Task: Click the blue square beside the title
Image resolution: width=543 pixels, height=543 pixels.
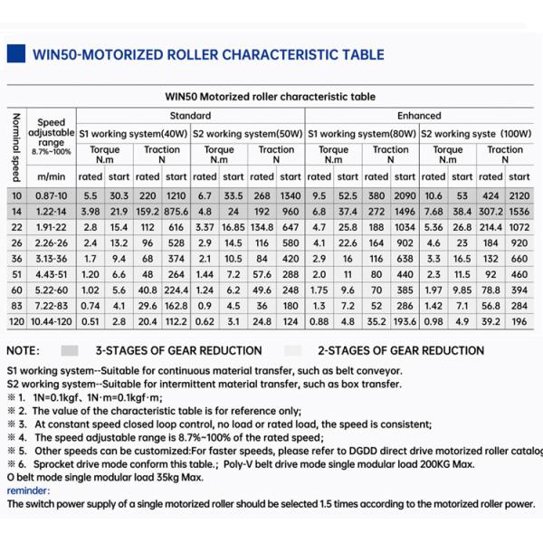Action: click(15, 54)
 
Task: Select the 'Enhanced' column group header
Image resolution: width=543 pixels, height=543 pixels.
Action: click(419, 116)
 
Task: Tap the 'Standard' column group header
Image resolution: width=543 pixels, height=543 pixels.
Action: click(190, 116)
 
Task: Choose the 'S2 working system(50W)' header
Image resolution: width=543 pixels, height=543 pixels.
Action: click(247, 134)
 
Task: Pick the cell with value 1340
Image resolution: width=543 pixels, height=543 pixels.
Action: click(291, 195)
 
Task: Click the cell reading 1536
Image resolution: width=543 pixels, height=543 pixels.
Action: click(519, 211)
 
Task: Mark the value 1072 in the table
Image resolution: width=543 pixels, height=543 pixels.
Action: click(519, 226)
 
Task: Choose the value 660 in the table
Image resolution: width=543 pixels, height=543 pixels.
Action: click(519, 258)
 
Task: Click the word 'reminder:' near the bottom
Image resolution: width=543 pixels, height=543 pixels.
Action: click(27, 491)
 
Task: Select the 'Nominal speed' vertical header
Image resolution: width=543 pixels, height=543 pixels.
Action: click(14, 145)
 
